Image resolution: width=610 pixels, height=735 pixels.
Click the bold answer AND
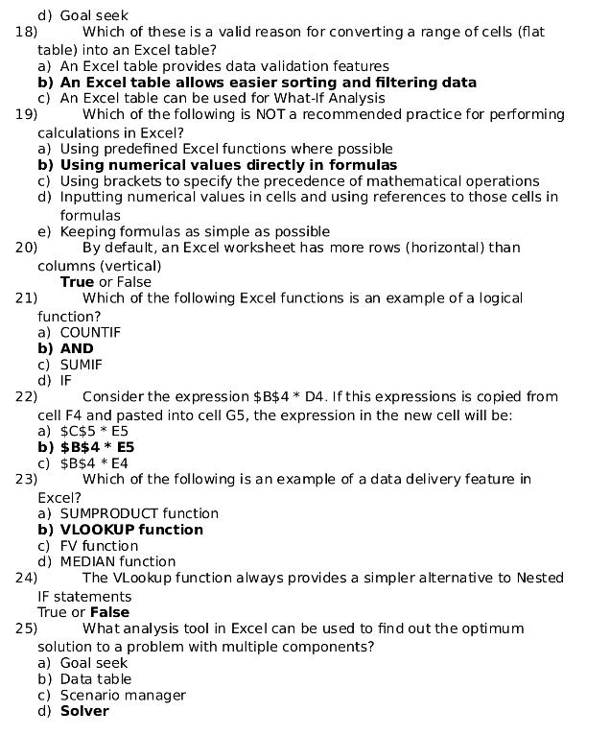point(77,349)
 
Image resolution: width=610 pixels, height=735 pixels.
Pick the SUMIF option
point(81,365)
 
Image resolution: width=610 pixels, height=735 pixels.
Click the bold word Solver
point(84,711)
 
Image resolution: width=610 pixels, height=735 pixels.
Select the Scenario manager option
point(123,695)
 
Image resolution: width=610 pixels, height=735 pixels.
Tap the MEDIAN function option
point(118,561)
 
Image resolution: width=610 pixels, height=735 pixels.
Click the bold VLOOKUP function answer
point(131,530)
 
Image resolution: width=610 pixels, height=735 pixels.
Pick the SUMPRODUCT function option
point(139,513)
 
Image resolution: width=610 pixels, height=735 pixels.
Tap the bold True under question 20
point(77,282)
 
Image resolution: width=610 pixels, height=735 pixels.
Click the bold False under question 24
point(109,612)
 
